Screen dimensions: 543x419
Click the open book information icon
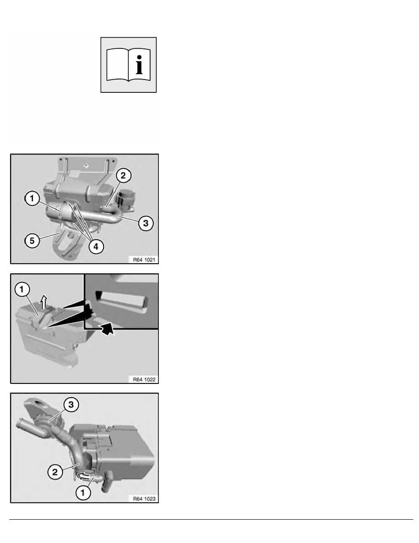[x=128, y=65]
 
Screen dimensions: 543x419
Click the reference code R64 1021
[x=143, y=259]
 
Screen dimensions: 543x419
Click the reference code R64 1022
[x=143, y=378]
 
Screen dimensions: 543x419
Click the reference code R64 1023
[x=143, y=499]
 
